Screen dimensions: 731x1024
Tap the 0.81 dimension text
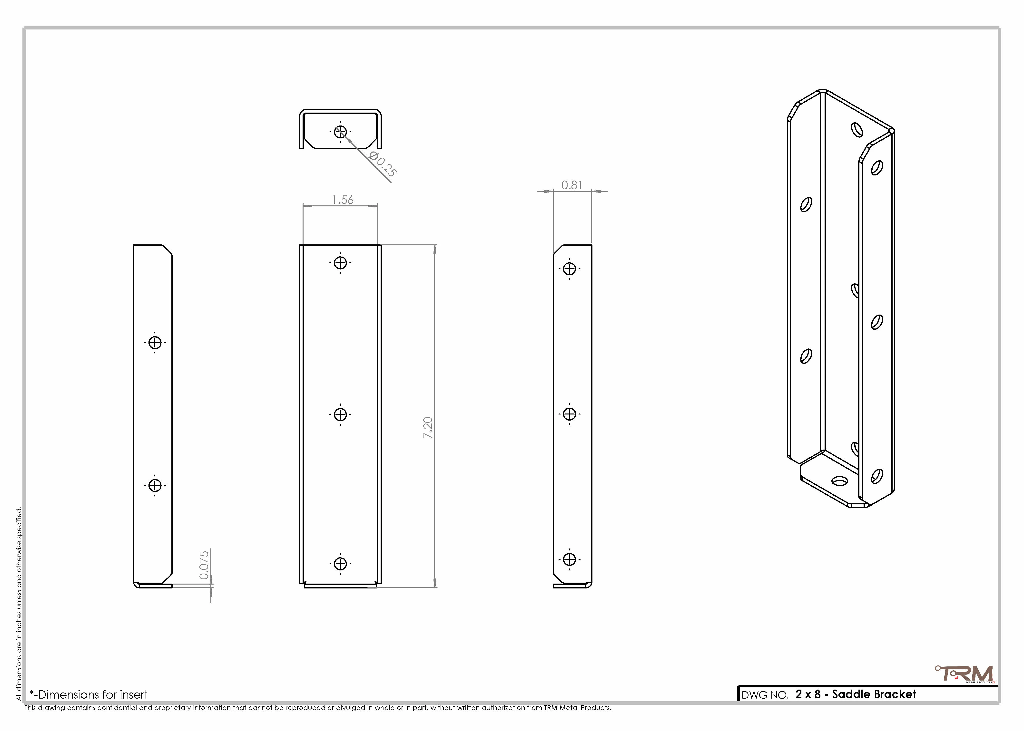pos(572,185)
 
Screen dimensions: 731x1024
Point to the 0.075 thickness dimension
pos(204,565)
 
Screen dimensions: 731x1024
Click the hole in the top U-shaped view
pos(340,132)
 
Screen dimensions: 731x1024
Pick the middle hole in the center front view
pos(340,414)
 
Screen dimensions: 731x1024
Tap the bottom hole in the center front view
pos(340,564)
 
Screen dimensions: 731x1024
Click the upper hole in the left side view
pos(155,343)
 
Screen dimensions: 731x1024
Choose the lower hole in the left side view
pos(155,485)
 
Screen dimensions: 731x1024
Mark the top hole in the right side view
pos(570,269)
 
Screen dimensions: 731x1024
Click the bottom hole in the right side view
pos(570,559)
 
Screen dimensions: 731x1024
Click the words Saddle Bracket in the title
pos(874,694)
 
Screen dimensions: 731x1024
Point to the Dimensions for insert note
pos(89,694)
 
